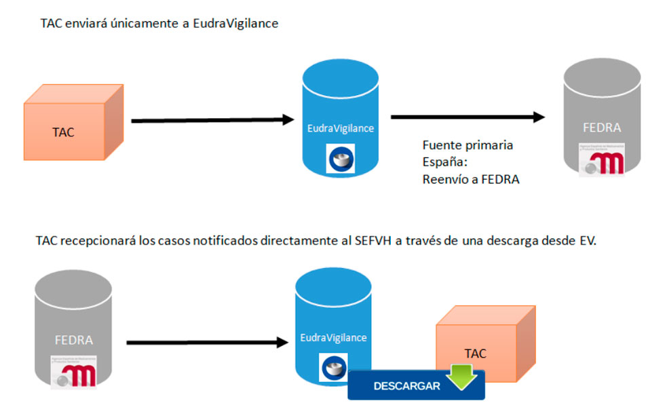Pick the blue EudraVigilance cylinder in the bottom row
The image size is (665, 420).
[x=333, y=319]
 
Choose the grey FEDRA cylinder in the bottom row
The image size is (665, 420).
[x=73, y=326]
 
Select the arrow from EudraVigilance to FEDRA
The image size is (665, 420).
[x=468, y=117]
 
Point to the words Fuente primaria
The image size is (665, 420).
[x=468, y=145]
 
